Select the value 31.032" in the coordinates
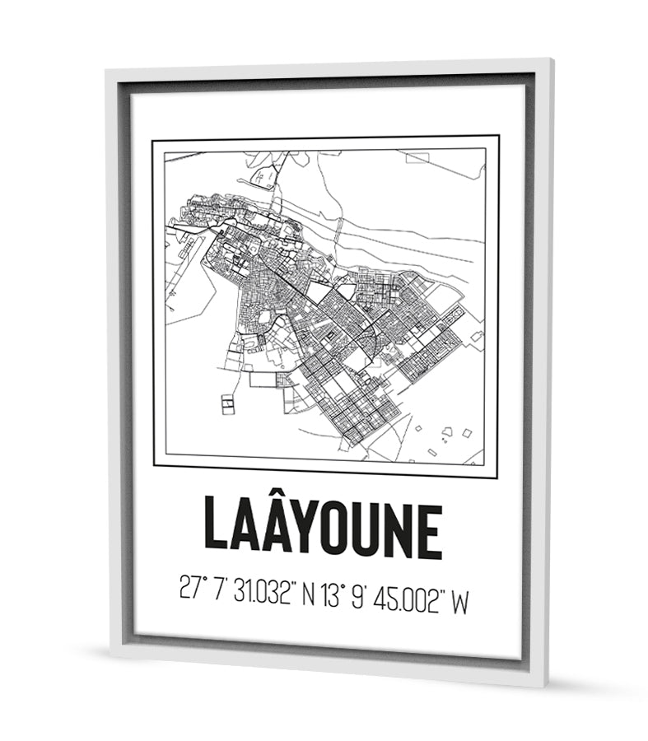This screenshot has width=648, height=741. point(263,591)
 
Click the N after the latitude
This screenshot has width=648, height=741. point(308,591)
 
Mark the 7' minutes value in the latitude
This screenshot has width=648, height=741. point(219,591)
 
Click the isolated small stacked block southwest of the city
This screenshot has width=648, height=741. point(227,405)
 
